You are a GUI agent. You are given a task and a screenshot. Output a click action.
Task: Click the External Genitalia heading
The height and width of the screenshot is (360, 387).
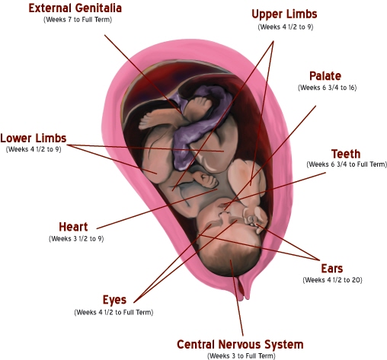point(75,8)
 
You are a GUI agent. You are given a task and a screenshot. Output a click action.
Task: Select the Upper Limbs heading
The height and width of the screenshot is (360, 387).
point(284,14)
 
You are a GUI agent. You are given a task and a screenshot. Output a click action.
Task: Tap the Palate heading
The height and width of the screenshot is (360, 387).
point(325,76)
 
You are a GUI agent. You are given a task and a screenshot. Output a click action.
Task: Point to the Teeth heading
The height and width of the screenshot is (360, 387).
point(346,154)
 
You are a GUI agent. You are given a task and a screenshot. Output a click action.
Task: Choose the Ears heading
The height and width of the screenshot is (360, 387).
point(332,269)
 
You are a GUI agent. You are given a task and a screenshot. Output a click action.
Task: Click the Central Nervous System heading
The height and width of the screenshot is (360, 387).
point(240,345)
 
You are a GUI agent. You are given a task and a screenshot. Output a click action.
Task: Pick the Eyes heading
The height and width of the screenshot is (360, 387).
point(114,300)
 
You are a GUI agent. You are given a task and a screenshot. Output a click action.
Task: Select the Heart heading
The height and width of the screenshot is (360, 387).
point(73,227)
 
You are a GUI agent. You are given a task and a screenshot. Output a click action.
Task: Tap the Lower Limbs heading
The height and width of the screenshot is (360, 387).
point(34,139)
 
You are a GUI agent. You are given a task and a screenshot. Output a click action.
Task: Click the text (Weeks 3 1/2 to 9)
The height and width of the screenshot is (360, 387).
point(76,239)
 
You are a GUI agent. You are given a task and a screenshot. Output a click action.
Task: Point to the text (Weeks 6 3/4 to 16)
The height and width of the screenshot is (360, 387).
point(327,88)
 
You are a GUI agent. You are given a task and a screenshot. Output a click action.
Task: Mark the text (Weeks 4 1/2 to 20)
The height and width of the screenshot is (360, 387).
point(332,280)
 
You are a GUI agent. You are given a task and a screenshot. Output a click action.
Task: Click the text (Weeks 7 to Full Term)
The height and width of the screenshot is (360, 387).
point(78,20)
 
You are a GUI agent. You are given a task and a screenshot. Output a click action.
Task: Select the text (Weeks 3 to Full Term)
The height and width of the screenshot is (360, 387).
point(241,356)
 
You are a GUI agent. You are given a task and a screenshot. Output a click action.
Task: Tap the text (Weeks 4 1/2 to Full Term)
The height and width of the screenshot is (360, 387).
point(114,312)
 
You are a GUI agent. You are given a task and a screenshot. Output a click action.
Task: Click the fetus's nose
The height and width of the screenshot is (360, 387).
point(225,215)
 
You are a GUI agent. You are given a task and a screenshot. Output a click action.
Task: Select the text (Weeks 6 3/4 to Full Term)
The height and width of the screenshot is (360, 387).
point(347,164)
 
